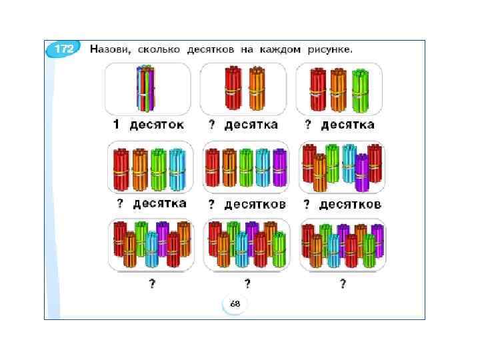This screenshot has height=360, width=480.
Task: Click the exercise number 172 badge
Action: (64, 49)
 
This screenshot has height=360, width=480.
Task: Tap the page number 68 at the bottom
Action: (235, 303)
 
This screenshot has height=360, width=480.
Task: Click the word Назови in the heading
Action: (109, 49)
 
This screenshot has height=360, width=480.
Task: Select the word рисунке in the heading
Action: (329, 49)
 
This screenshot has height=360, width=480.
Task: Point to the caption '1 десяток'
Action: (148, 125)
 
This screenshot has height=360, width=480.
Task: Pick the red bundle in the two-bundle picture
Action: (234, 89)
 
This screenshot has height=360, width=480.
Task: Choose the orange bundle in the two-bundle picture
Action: (257, 89)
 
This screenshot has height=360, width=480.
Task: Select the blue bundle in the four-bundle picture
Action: (177, 169)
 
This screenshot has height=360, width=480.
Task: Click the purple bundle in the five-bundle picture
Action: (279, 167)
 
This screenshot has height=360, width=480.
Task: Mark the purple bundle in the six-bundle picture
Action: (361, 172)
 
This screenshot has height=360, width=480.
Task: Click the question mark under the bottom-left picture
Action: (152, 284)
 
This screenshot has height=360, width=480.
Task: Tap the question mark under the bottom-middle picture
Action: (247, 284)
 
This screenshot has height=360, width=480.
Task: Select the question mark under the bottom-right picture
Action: (343, 284)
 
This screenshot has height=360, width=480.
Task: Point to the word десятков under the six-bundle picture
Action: (351, 204)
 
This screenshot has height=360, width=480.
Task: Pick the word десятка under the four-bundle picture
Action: (159, 203)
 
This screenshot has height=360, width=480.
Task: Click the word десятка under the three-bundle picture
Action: (349, 125)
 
